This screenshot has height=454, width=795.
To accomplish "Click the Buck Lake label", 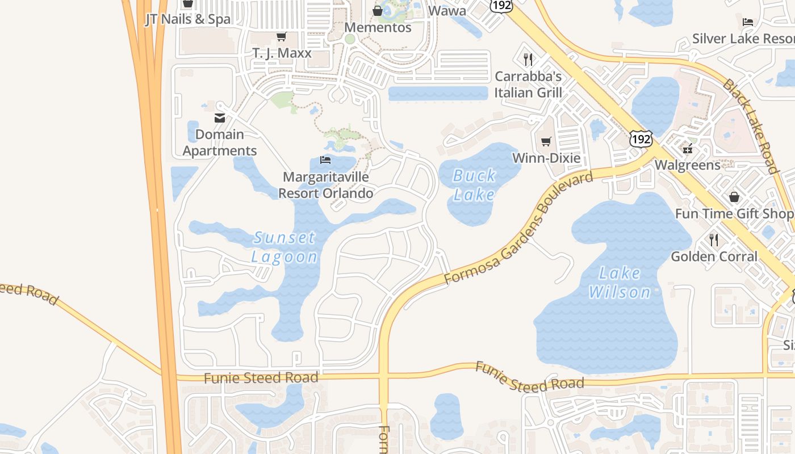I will click(x=474, y=185).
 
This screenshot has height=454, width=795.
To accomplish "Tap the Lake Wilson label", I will click(x=619, y=283).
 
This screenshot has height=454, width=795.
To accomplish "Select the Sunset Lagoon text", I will click(x=284, y=247).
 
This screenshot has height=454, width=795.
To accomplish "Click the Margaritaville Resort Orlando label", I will click(x=325, y=185).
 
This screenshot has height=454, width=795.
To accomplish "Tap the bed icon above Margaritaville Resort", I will click(x=325, y=159).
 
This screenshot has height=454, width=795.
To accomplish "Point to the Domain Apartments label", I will click(x=220, y=142).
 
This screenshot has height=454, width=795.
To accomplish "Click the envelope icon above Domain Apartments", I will click(x=220, y=118).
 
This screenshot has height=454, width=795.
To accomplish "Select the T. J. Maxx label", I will click(x=282, y=53).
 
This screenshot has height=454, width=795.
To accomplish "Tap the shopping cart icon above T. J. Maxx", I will click(x=281, y=37).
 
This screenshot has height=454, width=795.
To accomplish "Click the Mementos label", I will click(x=378, y=27).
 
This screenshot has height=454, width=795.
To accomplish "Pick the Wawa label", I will click(x=447, y=10).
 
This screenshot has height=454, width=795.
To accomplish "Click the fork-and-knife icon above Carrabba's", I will click(x=528, y=59).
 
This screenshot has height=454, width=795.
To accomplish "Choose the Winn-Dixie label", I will click(x=546, y=158).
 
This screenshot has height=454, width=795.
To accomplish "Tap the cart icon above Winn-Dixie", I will click(x=546, y=141).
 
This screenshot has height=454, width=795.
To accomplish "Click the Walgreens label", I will click(x=688, y=165).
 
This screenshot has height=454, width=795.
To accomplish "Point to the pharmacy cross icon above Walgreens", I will click(x=688, y=150).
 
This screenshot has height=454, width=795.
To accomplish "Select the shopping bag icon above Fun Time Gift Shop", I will click(x=734, y=197).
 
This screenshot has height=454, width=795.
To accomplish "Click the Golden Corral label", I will click(x=714, y=257).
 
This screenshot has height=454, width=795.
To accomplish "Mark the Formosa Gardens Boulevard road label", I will click(x=518, y=229).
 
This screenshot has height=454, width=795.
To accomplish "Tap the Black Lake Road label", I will click(x=750, y=127).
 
